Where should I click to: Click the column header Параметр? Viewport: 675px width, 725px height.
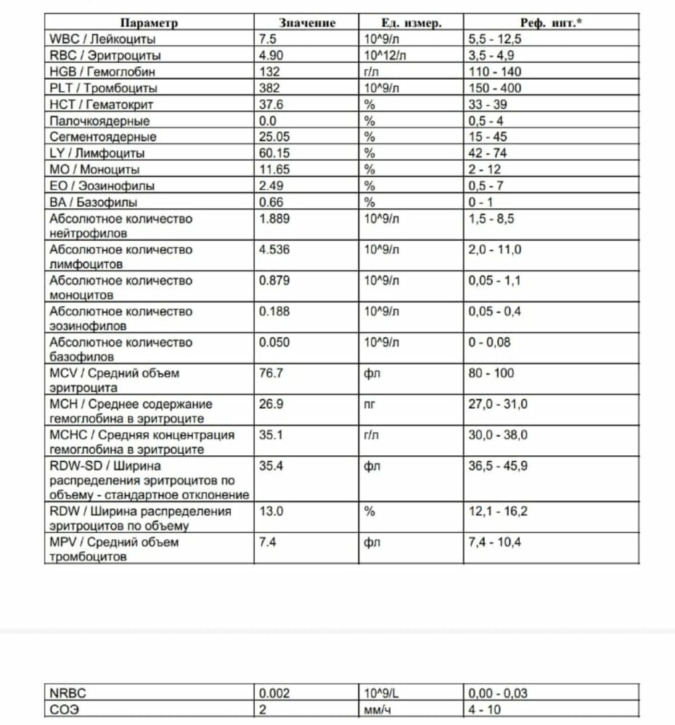tap(148, 23)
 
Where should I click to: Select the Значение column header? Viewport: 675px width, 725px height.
tap(307, 23)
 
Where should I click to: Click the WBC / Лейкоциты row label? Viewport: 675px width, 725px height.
tap(102, 39)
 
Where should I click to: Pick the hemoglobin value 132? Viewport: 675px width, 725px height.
tap(269, 72)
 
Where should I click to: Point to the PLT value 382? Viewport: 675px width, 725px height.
tap(269, 88)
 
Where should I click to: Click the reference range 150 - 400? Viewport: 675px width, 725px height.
tap(495, 88)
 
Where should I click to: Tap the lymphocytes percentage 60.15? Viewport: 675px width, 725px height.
tap(274, 153)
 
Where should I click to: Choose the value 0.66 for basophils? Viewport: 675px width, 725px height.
tap(271, 202)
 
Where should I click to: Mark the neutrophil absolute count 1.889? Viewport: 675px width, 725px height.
tap(274, 218)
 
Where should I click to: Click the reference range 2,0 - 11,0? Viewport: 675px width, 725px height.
tap(495, 249)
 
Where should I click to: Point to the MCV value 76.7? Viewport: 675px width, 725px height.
tap(271, 373)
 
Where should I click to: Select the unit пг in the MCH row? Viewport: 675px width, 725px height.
tap(370, 405)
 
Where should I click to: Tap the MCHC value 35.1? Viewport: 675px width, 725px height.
tap(271, 435)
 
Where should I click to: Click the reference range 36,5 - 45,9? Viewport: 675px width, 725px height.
tap(499, 466)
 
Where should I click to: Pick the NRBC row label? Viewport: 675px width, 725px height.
tap(66, 694)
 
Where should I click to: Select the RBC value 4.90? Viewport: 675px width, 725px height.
tap(271, 56)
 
